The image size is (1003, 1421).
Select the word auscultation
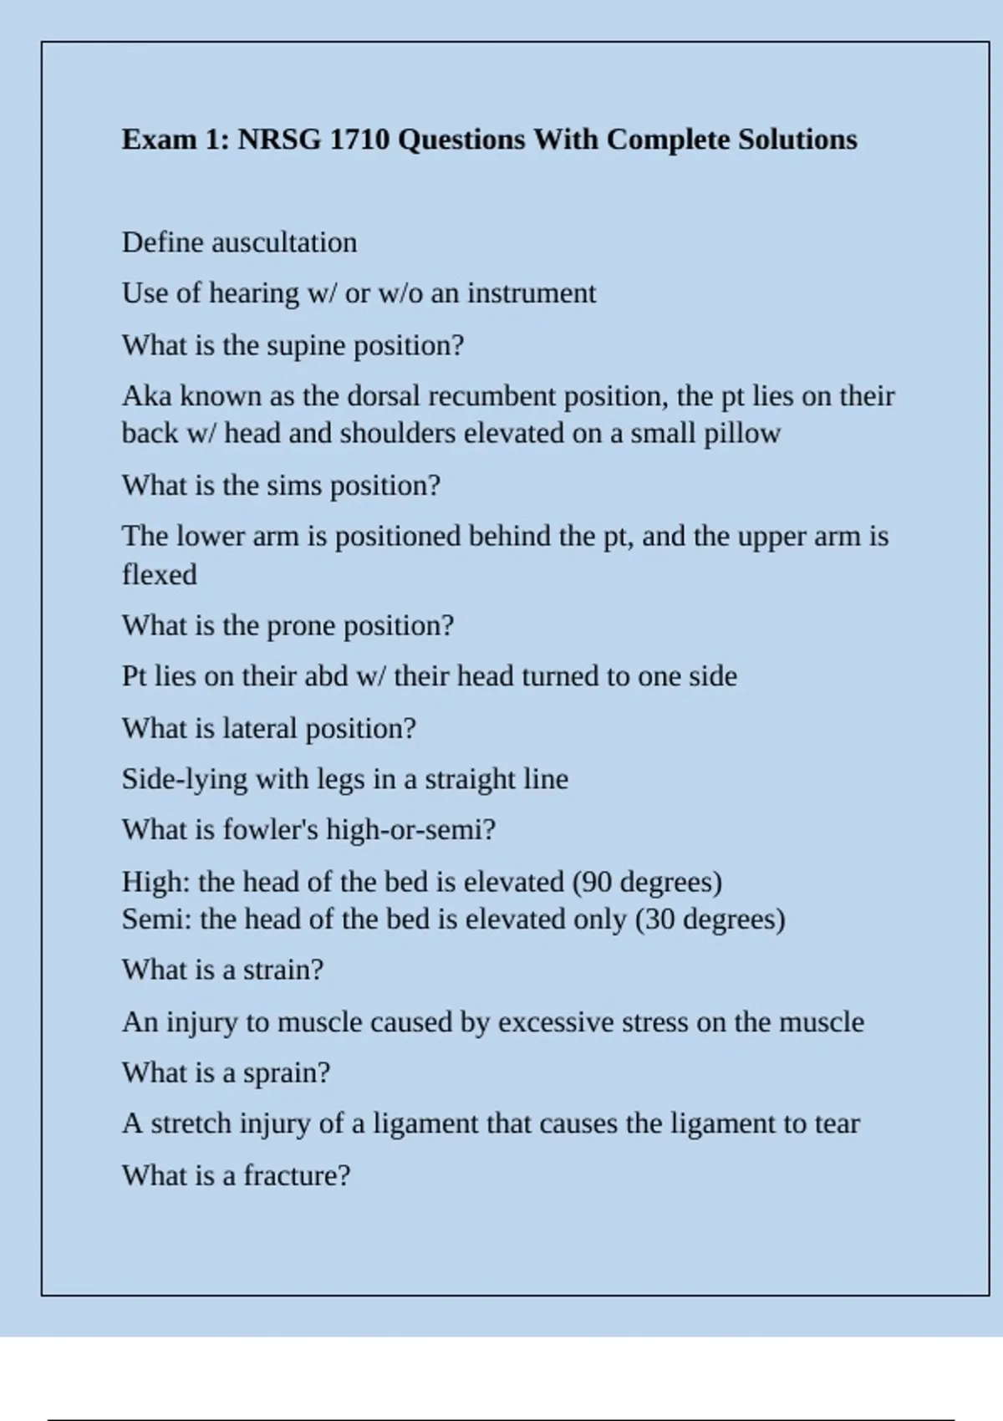point(284,242)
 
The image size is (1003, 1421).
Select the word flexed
point(160,575)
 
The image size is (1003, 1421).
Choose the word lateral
point(260,729)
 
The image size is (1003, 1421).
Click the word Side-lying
point(185,780)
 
